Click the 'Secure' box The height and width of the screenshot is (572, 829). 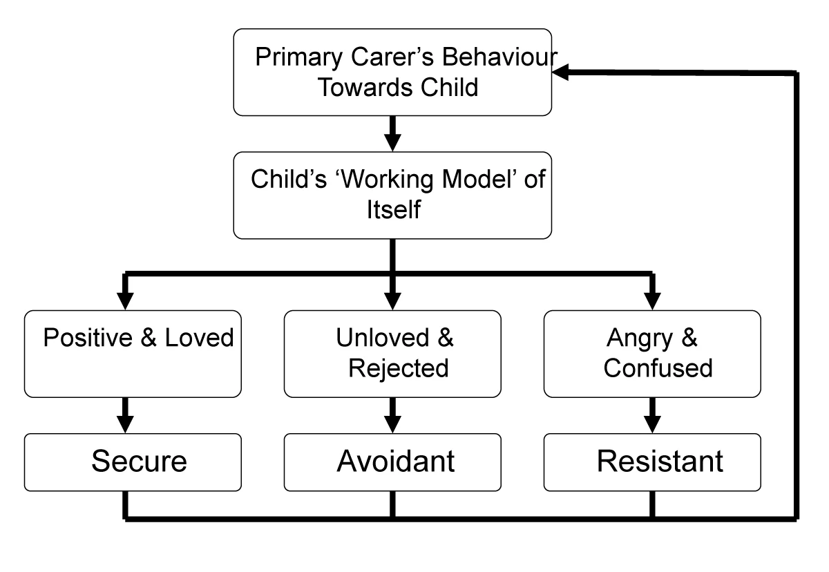pyautogui.click(x=133, y=461)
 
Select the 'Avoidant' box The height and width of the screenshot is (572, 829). pyautogui.click(x=392, y=461)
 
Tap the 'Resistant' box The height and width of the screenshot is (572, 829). pyautogui.click(x=652, y=461)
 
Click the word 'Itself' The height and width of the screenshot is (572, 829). pyautogui.click(x=392, y=209)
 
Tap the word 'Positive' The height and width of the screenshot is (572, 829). pyautogui.click(x=87, y=339)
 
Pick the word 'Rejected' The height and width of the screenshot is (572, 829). pyautogui.click(x=399, y=368)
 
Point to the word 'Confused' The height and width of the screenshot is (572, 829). pyautogui.click(x=658, y=368)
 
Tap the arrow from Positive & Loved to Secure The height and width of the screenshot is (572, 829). pyautogui.click(x=125, y=414)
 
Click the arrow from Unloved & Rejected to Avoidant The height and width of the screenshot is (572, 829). pyautogui.click(x=392, y=414)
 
